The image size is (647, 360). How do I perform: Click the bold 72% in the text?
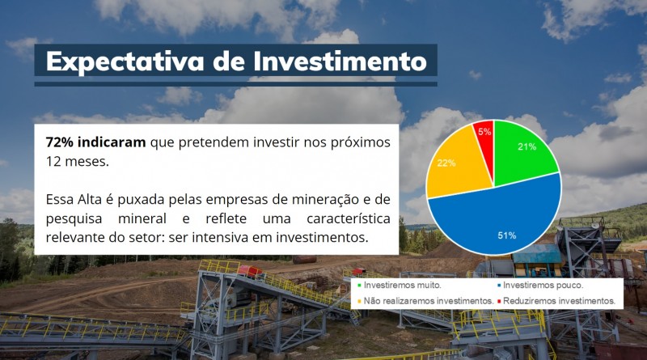click(x=61, y=142)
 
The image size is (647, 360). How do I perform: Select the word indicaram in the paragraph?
click(x=113, y=142)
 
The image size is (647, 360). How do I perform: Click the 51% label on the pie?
click(x=506, y=235)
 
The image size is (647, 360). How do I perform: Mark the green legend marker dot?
click(x=359, y=286)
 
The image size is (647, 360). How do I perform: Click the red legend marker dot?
click(x=499, y=301)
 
